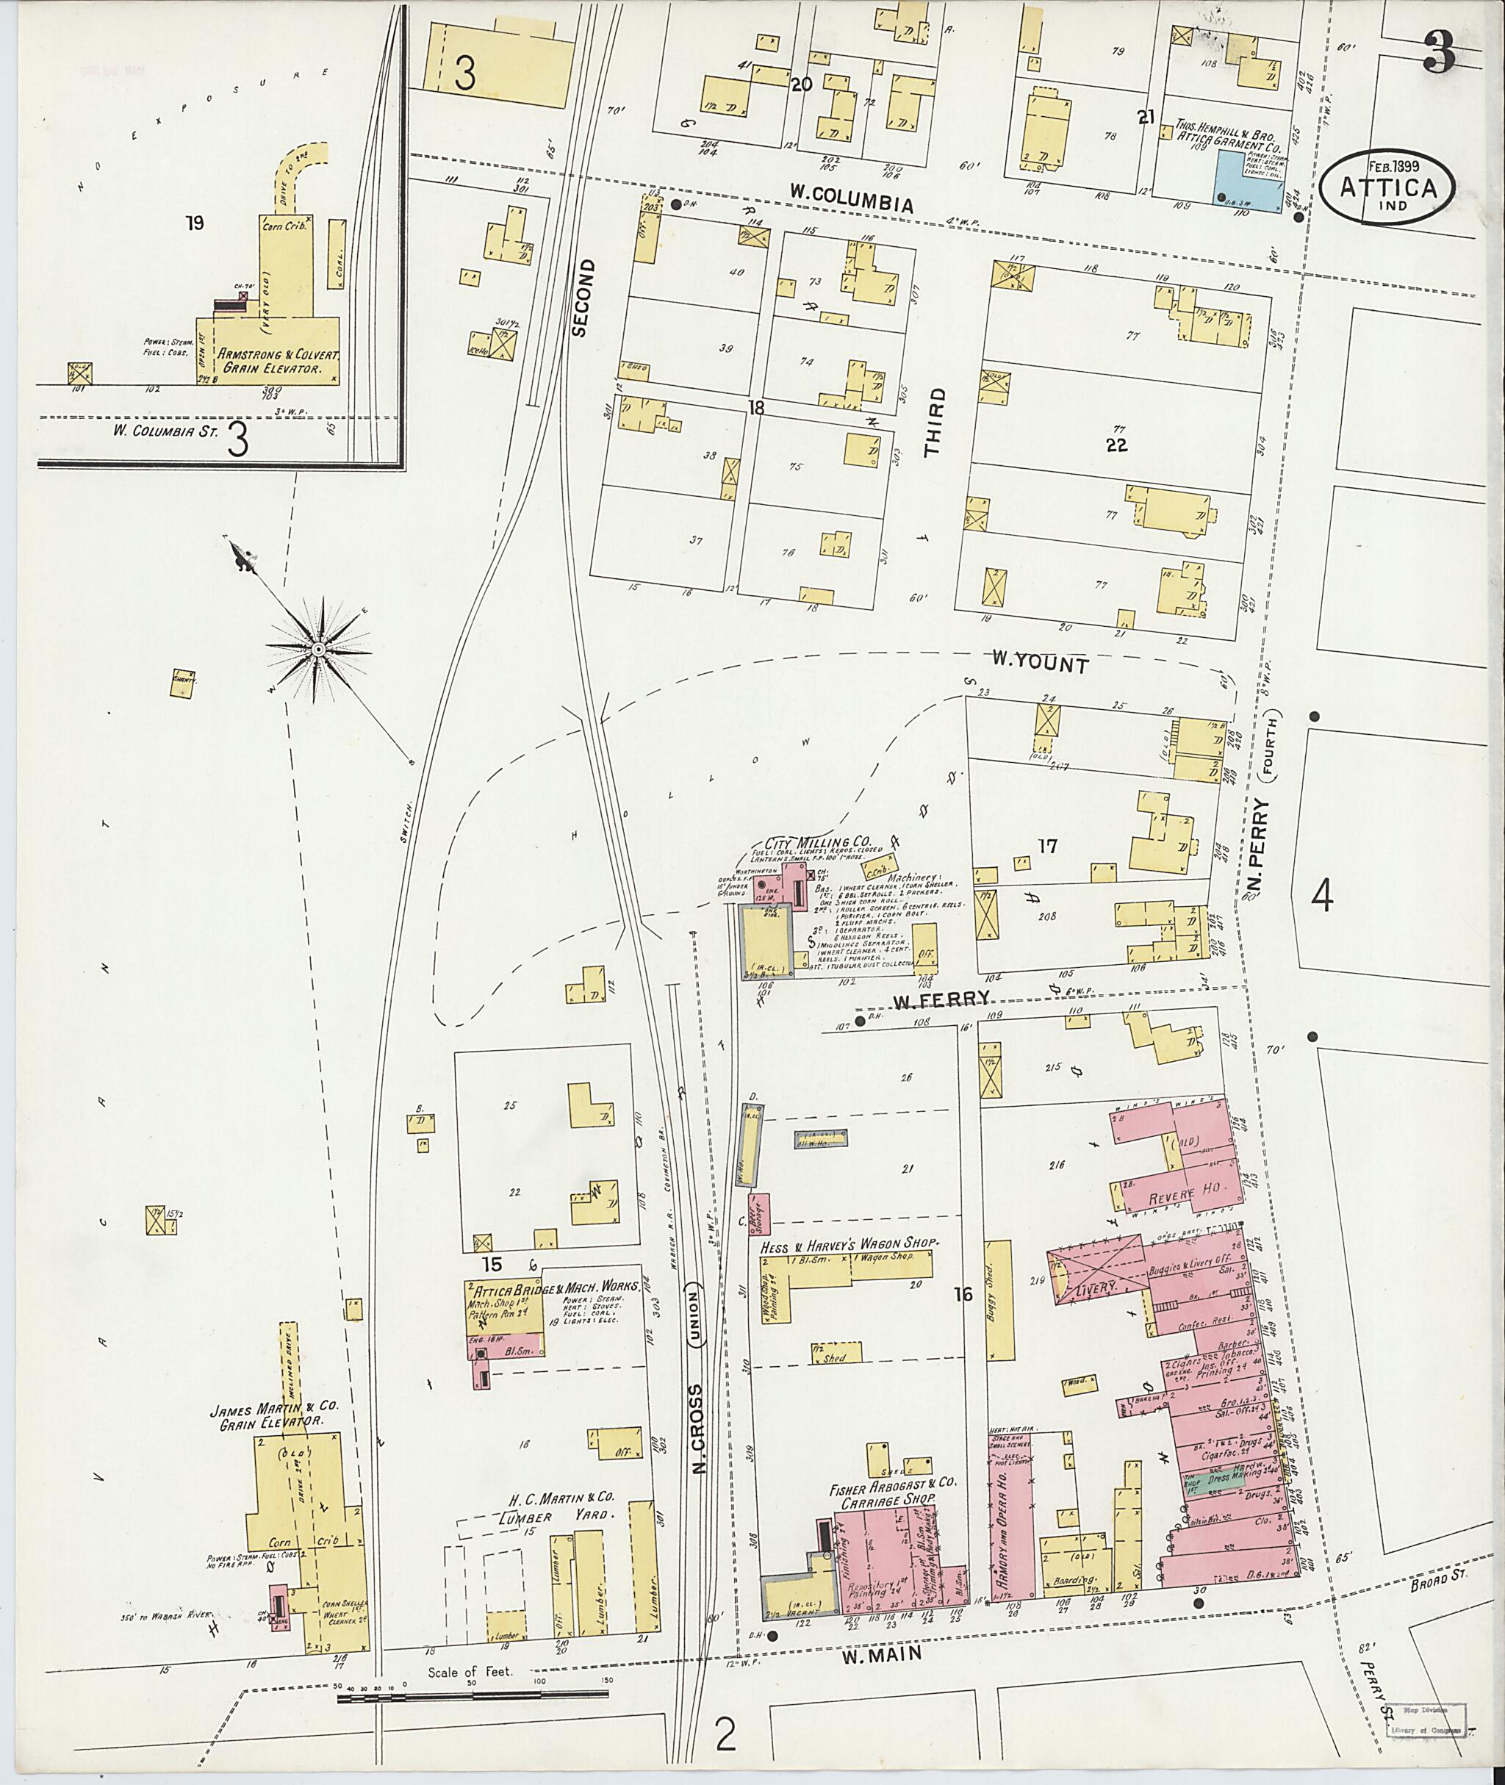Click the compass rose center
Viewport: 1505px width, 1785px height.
317,650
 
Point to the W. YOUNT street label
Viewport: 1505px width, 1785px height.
1039,663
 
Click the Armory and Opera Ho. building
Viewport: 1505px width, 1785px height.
1011,1519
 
